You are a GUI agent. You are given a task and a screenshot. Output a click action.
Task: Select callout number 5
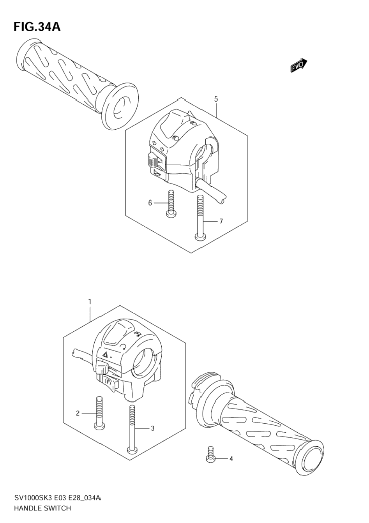coord(216,99)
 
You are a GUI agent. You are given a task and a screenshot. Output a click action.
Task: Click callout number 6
coord(150,203)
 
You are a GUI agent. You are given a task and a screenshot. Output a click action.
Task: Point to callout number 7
coord(221,221)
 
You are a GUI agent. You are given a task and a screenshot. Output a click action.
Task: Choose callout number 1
coord(90,301)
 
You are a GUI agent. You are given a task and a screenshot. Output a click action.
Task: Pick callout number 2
coord(78,413)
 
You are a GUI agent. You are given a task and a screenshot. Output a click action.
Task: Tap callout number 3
coord(152,428)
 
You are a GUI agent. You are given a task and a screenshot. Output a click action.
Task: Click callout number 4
coord(231,459)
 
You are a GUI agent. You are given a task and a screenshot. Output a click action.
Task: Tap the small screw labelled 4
coord(211,455)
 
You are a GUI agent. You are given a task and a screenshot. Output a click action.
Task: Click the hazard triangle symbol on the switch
coord(105,354)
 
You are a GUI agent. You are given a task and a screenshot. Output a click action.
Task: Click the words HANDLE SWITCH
coord(42,508)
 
